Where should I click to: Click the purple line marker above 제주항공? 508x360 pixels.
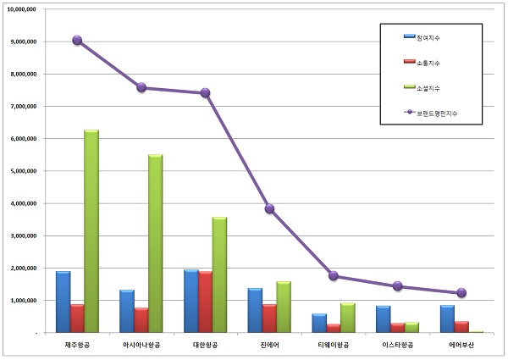[x=77, y=40]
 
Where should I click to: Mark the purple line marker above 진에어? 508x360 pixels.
[x=268, y=208]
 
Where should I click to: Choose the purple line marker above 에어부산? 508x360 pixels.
[x=461, y=293]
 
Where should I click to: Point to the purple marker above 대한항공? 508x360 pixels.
[x=205, y=93]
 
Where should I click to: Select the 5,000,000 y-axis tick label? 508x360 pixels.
[x=20, y=170]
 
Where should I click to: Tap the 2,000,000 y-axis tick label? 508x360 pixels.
[x=20, y=268]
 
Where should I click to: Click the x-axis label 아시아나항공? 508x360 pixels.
[x=141, y=346]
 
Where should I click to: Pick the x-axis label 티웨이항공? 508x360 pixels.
[x=333, y=346]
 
